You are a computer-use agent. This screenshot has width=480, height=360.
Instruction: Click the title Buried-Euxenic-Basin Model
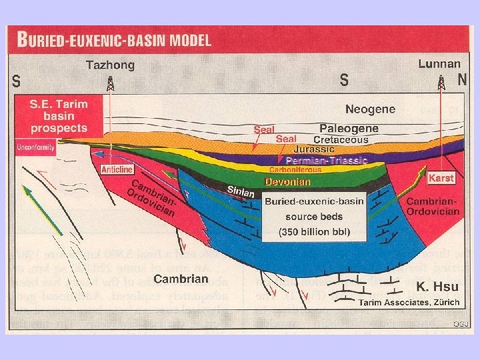[x=114, y=39]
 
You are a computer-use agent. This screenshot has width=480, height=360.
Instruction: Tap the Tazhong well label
[x=110, y=65]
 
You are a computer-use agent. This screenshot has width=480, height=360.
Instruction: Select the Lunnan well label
[x=439, y=64]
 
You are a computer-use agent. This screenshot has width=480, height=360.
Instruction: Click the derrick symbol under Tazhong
[x=110, y=83]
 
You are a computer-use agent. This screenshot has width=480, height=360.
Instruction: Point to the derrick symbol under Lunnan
[x=441, y=83]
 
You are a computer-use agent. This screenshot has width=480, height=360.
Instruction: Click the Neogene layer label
[x=370, y=109]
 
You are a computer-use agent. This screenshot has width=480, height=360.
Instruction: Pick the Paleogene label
[x=349, y=128]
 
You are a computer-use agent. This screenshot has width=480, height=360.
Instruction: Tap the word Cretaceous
[x=341, y=140]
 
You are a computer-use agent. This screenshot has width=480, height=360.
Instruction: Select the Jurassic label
[x=313, y=150]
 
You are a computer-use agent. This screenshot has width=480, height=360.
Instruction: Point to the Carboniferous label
[x=295, y=170]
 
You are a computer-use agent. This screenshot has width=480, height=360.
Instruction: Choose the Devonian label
[x=288, y=181]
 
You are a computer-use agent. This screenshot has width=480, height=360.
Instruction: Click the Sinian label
[x=241, y=191]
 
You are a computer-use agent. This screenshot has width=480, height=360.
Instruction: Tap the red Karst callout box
[x=441, y=179]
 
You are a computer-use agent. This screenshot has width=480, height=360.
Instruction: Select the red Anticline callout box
[x=116, y=169]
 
